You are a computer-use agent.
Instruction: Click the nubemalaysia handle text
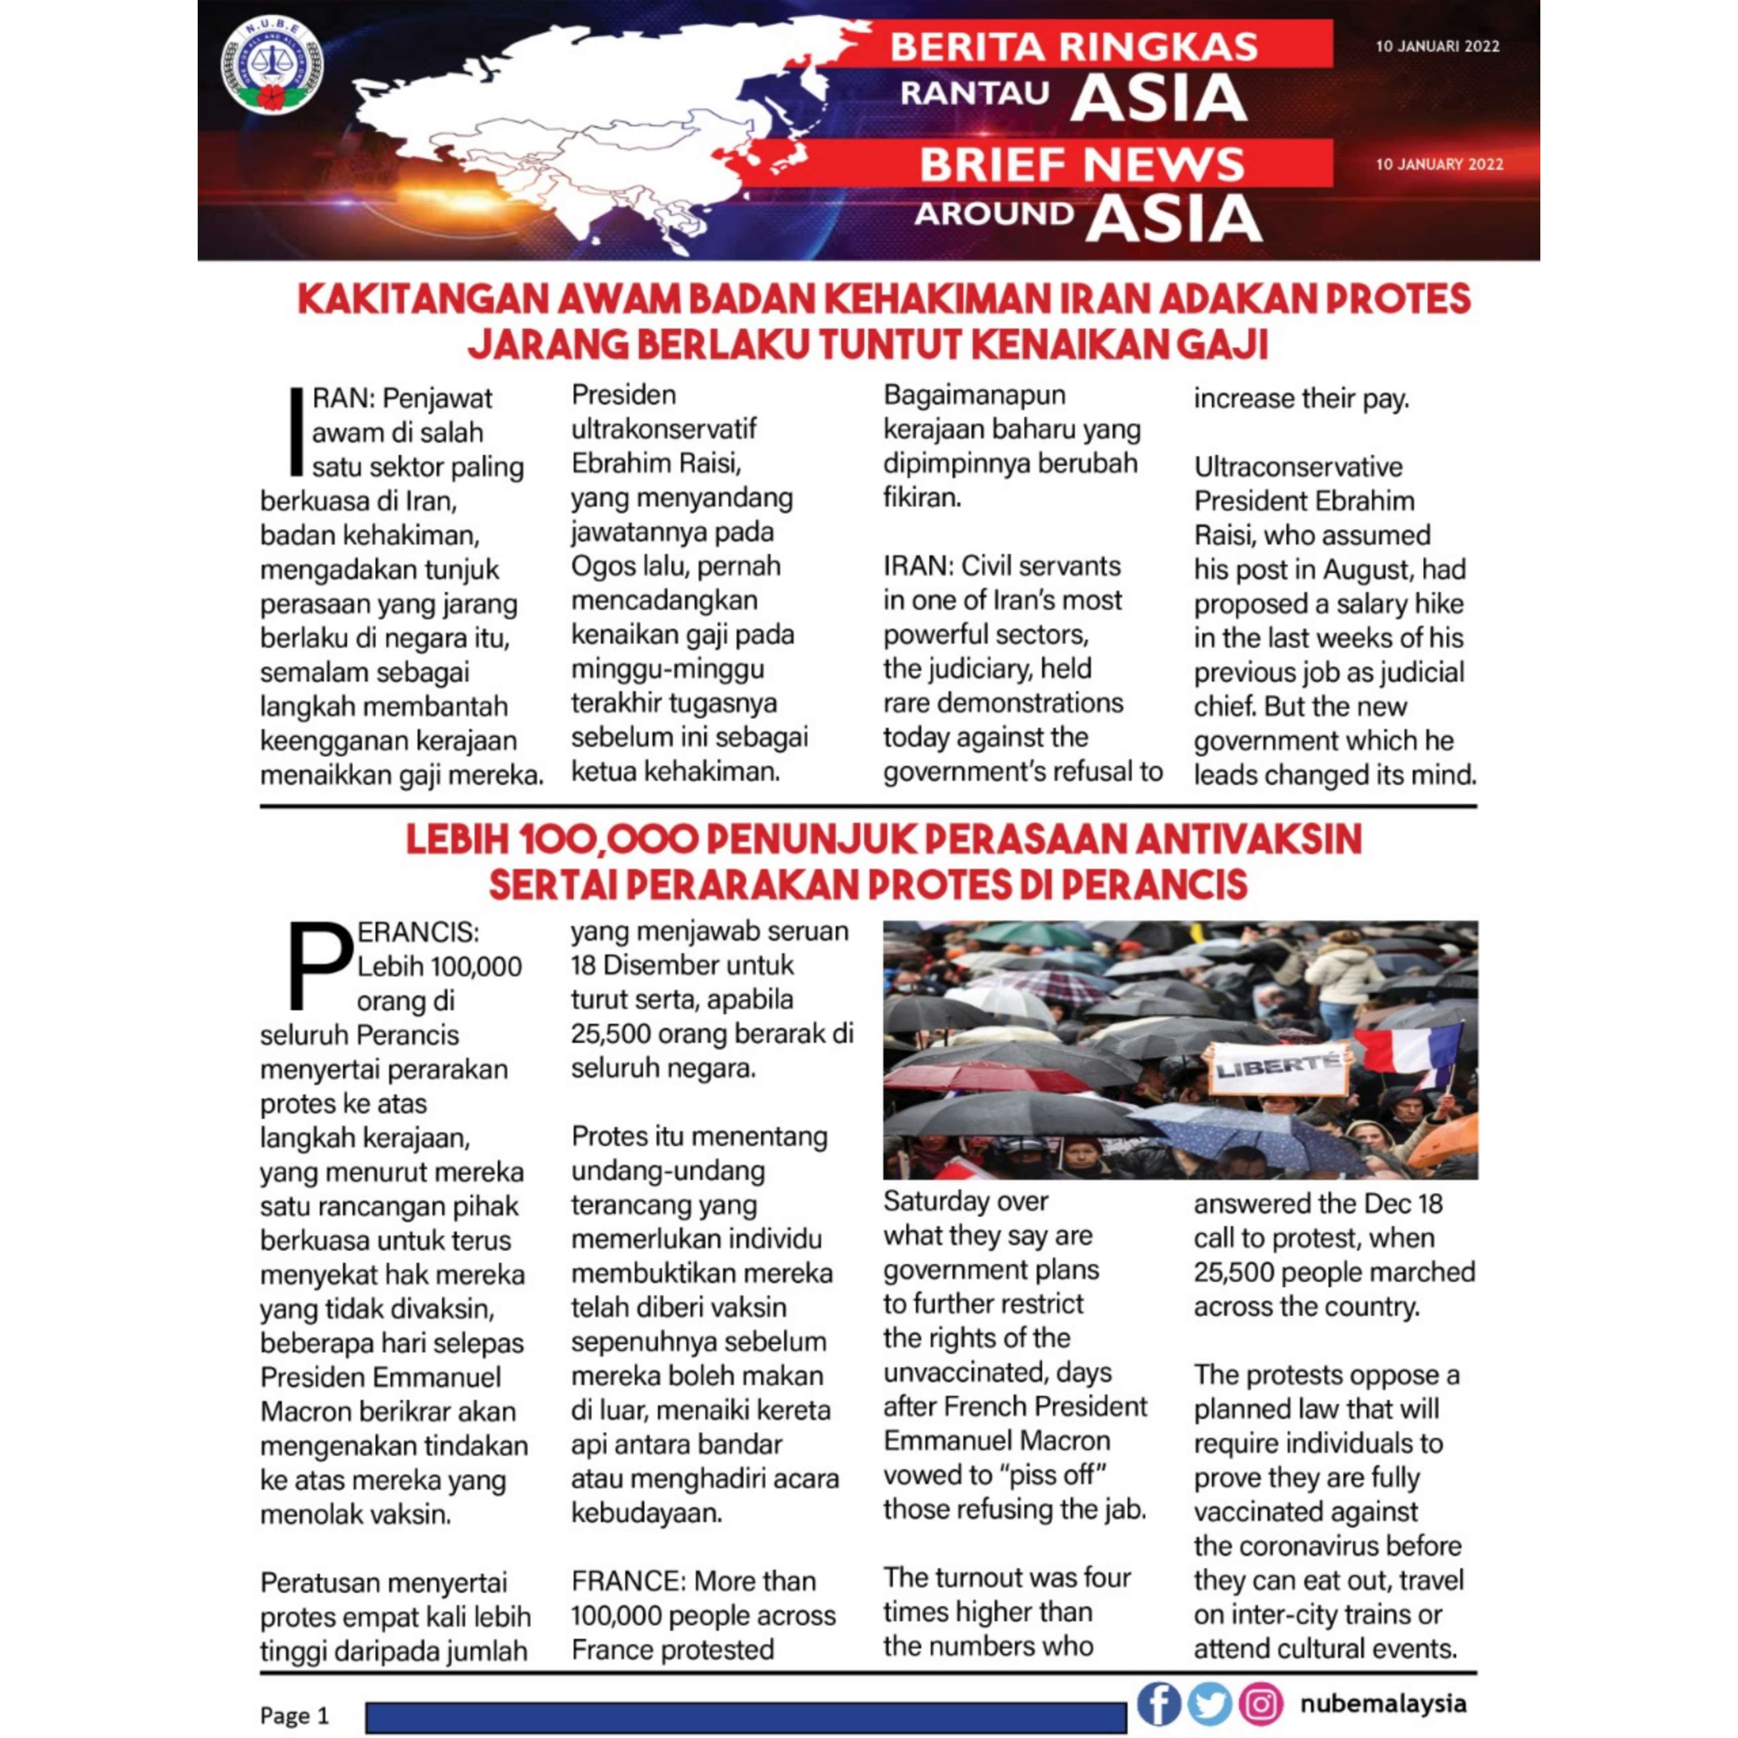pyautogui.click(x=1383, y=1703)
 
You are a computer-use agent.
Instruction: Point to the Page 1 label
pyautogui.click(x=294, y=1714)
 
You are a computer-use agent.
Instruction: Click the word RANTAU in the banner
pyautogui.click(x=974, y=93)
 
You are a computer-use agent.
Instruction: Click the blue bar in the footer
pyautogui.click(x=746, y=1716)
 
